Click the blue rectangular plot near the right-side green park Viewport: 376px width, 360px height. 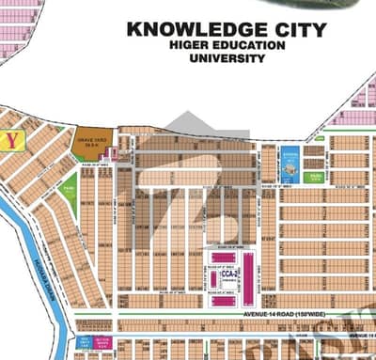point(290,166)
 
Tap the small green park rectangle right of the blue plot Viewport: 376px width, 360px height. point(315,176)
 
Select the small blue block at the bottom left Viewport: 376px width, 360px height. point(85,341)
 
